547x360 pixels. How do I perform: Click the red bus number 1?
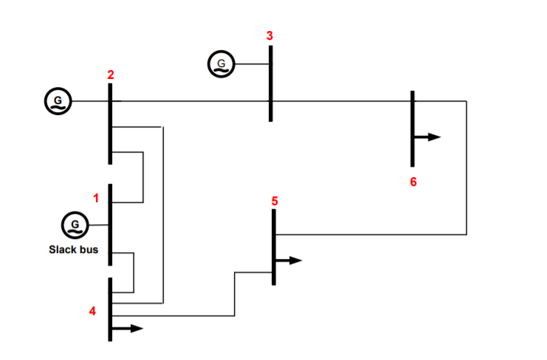pos(95,198)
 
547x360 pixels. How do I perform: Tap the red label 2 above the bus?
pos(110,75)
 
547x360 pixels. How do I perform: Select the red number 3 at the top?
pos(269,35)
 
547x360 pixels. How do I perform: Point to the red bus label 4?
pos(92,311)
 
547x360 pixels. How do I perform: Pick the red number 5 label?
pos(275,201)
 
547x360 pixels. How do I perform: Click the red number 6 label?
pos(413,181)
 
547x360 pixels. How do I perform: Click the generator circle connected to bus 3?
pos(220,64)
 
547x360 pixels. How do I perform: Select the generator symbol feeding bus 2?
pos(58,100)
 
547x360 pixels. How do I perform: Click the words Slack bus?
pos(73,249)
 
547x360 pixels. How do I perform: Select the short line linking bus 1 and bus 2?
pos(142,177)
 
